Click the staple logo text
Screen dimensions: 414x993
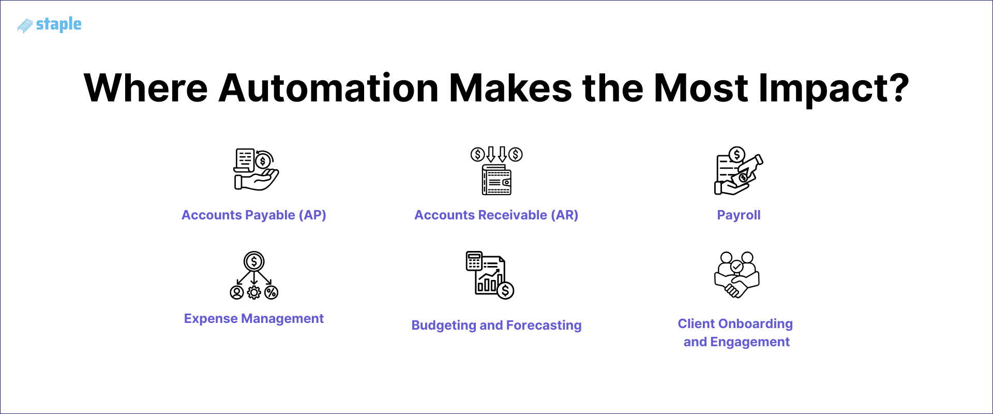click(58, 24)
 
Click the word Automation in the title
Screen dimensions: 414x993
click(328, 88)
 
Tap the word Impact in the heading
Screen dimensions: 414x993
click(833, 88)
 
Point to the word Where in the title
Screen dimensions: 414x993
click(146, 88)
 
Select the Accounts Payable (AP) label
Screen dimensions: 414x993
click(253, 215)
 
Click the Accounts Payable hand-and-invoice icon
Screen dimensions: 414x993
click(256, 170)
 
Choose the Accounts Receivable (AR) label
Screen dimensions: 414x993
click(496, 215)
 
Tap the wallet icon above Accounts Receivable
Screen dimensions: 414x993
click(496, 180)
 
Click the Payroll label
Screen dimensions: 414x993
click(738, 215)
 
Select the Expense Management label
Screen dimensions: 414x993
click(253, 318)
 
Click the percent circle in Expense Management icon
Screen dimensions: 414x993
click(272, 293)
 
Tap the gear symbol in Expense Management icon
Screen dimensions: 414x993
click(254, 293)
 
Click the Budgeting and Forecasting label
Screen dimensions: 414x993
click(496, 325)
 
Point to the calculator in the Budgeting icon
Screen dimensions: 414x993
click(474, 261)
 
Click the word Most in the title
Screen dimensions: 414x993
click(701, 88)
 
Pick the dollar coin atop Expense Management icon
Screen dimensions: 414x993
click(254, 261)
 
